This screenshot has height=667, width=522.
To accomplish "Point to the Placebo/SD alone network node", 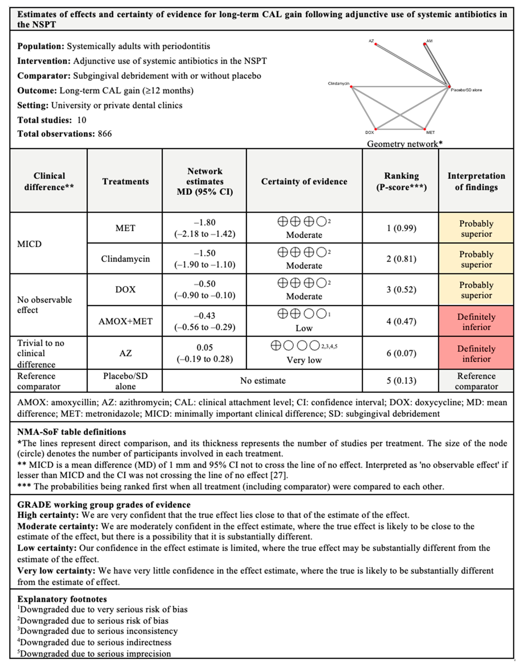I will coord(449,87).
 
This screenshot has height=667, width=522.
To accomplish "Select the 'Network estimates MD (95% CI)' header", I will coord(205,181).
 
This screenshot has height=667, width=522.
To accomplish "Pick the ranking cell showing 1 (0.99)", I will coord(401,228).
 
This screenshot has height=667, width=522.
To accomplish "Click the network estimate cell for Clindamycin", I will coord(205,259).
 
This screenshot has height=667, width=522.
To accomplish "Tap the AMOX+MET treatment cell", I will coord(125,321).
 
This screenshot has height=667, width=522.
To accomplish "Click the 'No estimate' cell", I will coord(263,381).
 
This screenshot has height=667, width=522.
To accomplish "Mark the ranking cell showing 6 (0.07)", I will coord(401,353).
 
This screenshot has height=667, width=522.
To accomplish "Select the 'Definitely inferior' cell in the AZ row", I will coord(476,353).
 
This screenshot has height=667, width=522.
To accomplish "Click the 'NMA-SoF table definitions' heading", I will coord(72,432).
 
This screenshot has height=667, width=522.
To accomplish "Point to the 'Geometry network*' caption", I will coord(405,144).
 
